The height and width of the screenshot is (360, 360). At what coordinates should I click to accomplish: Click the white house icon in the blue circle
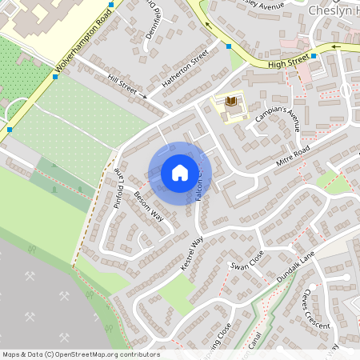180,172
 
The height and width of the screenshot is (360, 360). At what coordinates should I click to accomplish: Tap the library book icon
232,102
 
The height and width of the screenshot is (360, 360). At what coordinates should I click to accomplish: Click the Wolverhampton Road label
82,50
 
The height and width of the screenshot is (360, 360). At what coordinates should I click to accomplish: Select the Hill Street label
122,84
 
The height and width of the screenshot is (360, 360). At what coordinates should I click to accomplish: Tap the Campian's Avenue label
277,116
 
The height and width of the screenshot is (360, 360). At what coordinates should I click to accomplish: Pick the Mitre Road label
290,155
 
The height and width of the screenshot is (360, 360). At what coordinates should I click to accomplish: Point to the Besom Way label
149,206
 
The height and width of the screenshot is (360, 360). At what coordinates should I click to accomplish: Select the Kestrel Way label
193,254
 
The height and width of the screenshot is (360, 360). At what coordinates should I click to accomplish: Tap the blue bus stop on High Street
314,56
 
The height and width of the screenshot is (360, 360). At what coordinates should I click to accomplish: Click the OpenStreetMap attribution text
80,354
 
